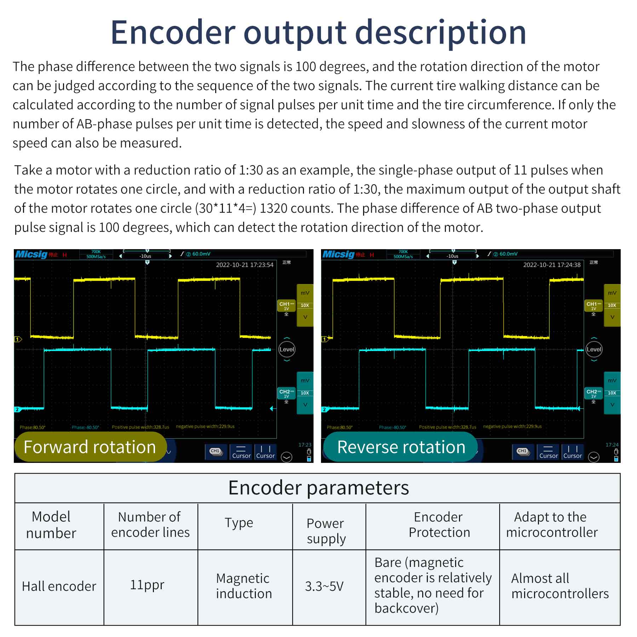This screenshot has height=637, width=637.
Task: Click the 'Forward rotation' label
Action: pyautogui.click(x=90, y=447)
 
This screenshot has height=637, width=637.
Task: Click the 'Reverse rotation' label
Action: pyautogui.click(x=401, y=447)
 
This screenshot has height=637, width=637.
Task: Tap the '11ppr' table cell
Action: pyautogui.click(x=147, y=585)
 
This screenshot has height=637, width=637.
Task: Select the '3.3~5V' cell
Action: pyautogui.click(x=324, y=586)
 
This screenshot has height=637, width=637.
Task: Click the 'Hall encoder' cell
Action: pyautogui.click(x=59, y=586)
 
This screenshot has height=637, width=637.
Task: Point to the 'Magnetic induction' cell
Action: pyautogui.click(x=244, y=586)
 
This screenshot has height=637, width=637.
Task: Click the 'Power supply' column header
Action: pyautogui.click(x=326, y=531)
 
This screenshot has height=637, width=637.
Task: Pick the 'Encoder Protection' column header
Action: pyautogui.click(x=439, y=525)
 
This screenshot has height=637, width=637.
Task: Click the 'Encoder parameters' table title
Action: pyautogui.click(x=318, y=488)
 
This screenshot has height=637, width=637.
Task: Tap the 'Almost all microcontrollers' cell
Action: pyautogui.click(x=560, y=586)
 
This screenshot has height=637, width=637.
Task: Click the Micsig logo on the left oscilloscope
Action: pyautogui.click(x=31, y=254)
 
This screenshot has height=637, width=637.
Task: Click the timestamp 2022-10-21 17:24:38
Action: pyautogui.click(x=552, y=265)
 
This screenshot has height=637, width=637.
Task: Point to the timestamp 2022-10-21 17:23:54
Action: pyautogui.click(x=245, y=265)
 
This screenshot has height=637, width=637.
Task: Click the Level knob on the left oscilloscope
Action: pyautogui.click(x=287, y=349)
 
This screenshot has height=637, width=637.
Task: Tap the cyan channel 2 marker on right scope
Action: pyautogui.click(x=325, y=409)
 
